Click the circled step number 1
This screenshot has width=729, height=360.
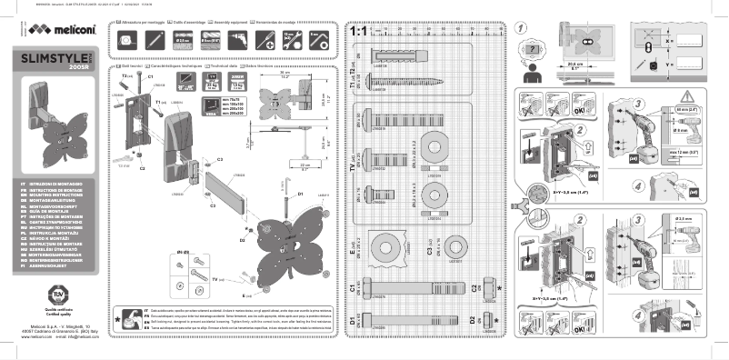(521, 30)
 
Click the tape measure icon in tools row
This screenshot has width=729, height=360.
(128, 38)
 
